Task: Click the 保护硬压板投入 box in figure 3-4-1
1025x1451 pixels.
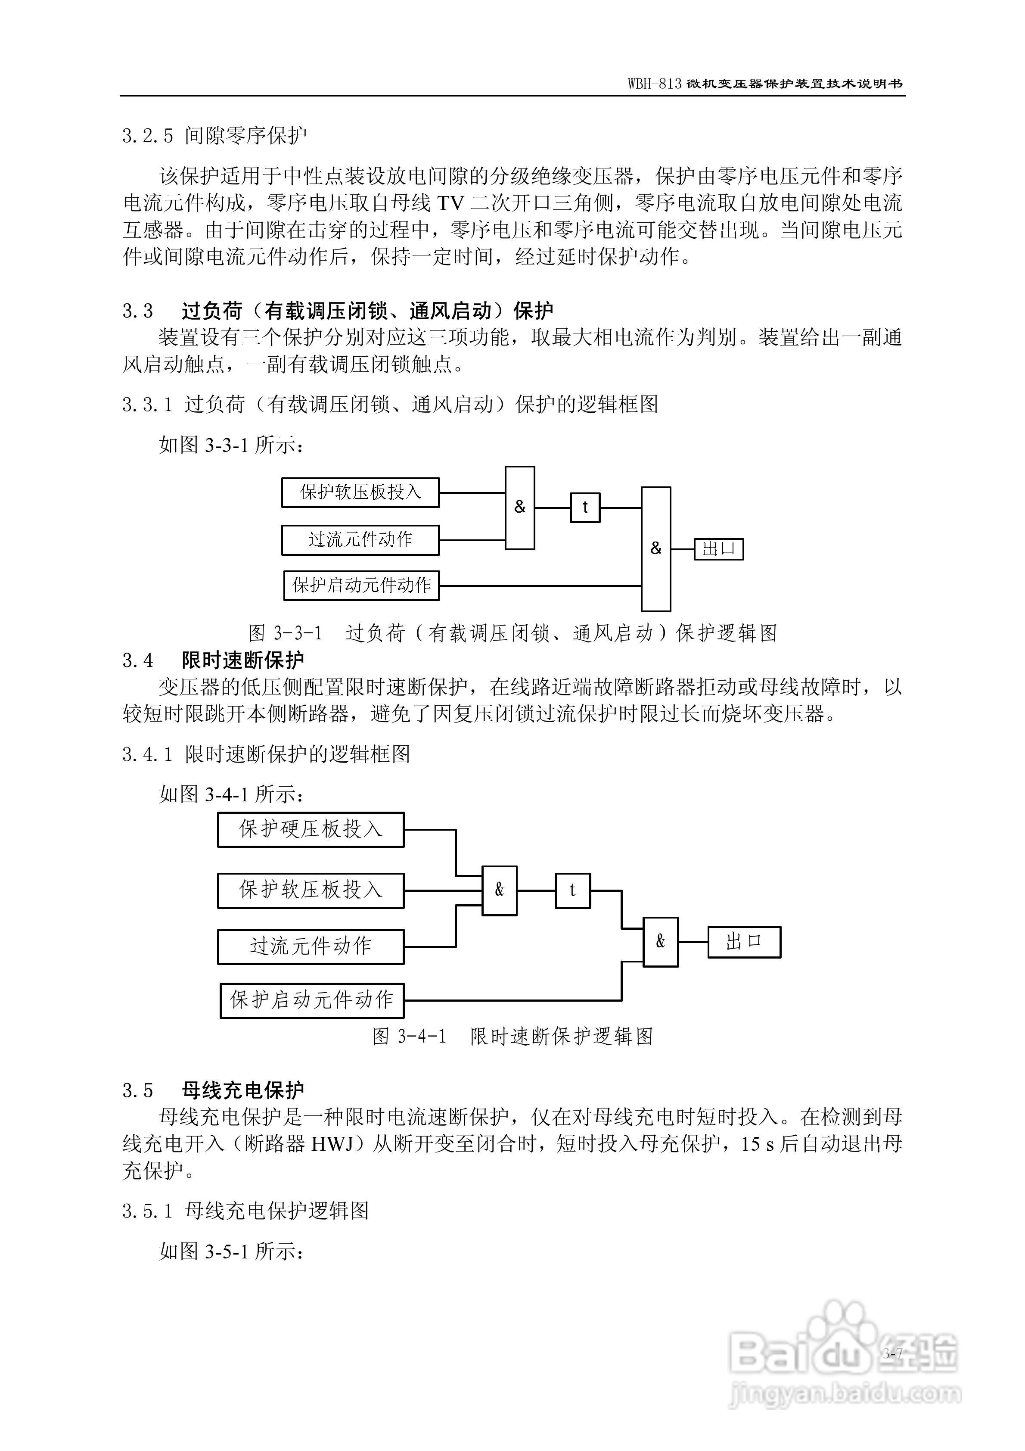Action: click(310, 829)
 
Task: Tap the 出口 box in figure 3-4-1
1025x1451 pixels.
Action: click(744, 942)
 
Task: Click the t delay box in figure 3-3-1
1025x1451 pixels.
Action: click(585, 508)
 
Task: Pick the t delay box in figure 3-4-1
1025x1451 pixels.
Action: click(572, 891)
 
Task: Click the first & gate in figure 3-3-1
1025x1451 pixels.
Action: click(519, 508)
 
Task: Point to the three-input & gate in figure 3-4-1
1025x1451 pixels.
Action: click(499, 891)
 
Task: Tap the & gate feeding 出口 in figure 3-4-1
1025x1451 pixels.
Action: click(660, 942)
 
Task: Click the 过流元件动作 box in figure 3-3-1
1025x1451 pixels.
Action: click(360, 540)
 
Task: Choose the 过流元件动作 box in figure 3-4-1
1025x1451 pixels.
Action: click(310, 946)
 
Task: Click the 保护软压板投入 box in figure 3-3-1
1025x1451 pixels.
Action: click(360, 492)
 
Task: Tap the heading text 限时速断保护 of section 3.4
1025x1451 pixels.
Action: click(242, 660)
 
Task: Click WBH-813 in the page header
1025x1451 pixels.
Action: click(655, 84)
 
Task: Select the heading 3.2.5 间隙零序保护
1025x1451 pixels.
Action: click(215, 135)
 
